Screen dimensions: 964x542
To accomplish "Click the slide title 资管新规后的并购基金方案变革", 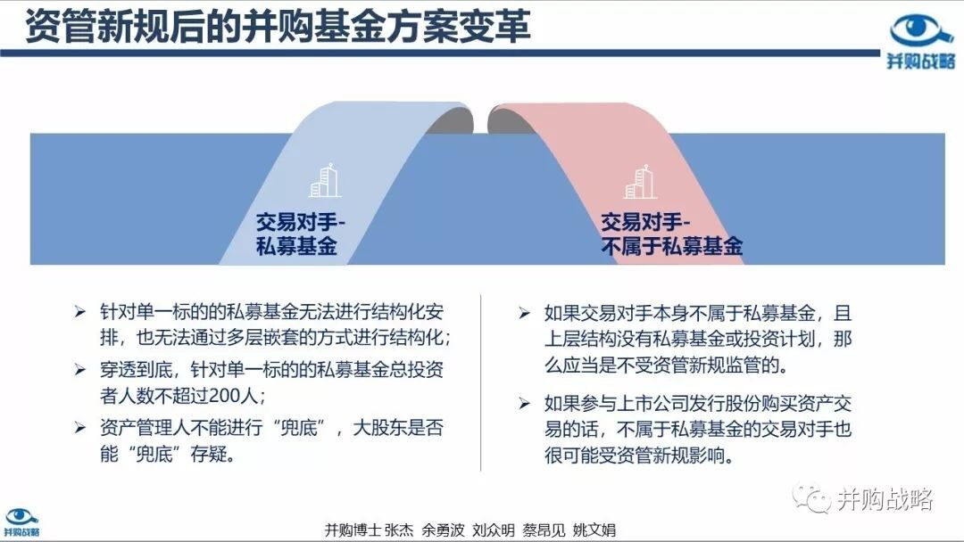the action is tap(278, 27).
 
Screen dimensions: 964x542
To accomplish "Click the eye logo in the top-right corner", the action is tap(920, 30).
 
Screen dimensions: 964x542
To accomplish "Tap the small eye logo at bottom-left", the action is tap(21, 516).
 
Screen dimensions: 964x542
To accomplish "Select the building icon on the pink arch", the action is tap(640, 182).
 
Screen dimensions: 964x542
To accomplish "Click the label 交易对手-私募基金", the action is tap(301, 234).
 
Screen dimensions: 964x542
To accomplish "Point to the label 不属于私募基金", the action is tap(672, 247).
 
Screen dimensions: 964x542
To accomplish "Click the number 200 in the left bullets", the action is tap(224, 396).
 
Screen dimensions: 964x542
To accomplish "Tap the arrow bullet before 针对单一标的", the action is tap(80, 312).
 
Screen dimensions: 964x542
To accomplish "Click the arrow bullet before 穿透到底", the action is tap(80, 370).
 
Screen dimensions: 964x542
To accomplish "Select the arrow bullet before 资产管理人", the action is tap(80, 427).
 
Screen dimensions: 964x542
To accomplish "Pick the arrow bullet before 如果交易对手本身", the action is tap(524, 313).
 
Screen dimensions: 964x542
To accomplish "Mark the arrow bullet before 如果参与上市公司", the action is tap(524, 403).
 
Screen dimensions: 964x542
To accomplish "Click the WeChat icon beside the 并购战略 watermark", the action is tap(811, 498).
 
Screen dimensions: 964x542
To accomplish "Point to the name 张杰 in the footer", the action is tap(399, 530).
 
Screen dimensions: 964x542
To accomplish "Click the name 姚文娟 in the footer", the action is tap(594, 530).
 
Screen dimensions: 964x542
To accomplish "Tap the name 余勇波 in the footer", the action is tap(443, 530).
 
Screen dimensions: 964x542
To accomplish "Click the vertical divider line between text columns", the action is tap(481, 382).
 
